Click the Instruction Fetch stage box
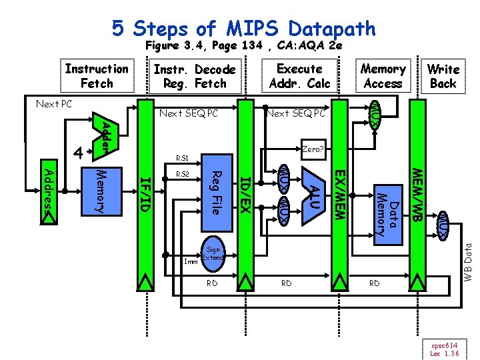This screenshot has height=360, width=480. point(97,76)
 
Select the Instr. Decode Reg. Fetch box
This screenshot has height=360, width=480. point(194,76)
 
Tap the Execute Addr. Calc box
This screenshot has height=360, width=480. point(299,76)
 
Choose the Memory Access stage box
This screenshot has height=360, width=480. point(383,76)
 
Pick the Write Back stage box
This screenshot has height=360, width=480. point(443,76)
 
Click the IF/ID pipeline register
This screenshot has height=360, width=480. point(146,193)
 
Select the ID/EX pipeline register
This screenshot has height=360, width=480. point(245,193)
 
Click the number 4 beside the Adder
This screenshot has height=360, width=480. point(78,153)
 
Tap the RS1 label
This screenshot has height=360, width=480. point(182,159)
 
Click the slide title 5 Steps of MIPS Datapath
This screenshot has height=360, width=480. point(243,28)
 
